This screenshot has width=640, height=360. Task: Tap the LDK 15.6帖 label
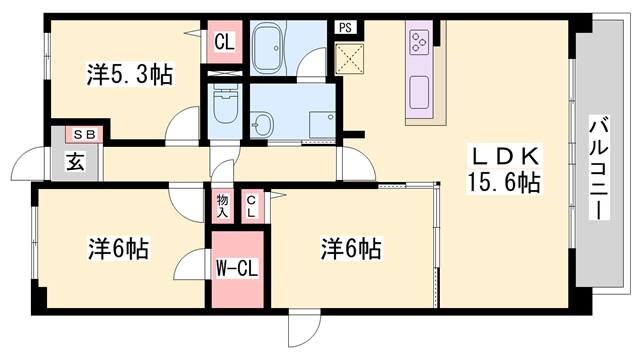(504, 170)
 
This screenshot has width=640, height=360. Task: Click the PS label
(344, 28)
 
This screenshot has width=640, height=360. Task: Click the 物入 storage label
(222, 206)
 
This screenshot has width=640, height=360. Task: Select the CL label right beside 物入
(251, 206)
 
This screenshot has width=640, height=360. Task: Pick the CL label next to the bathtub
(225, 44)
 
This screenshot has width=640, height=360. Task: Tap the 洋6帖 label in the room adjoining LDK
(352, 246)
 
